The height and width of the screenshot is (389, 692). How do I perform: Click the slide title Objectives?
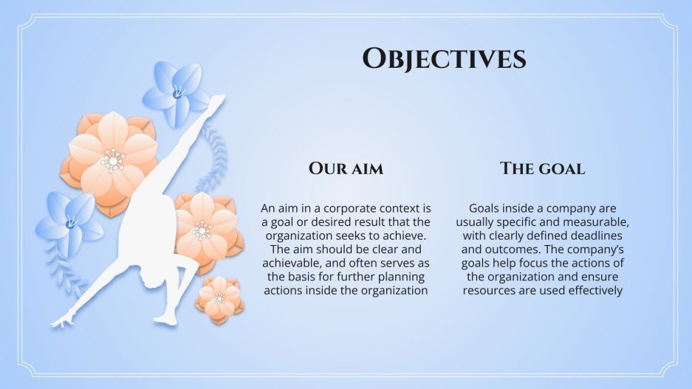click(445, 58)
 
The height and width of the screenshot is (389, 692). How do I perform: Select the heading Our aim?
click(346, 168)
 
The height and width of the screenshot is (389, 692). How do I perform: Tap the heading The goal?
click(542, 168)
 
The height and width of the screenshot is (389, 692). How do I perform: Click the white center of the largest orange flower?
click(112, 159)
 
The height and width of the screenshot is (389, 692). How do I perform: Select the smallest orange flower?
click(219, 297)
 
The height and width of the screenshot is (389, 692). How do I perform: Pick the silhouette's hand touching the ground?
click(61, 322)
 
